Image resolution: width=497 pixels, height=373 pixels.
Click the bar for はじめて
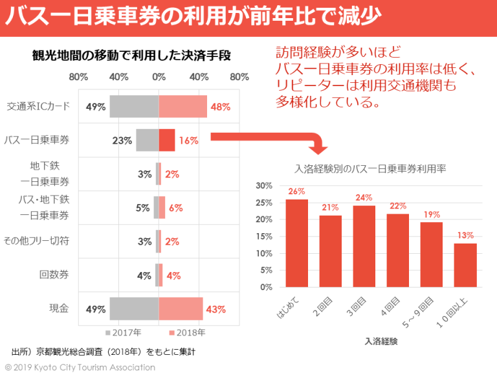tap(296, 243)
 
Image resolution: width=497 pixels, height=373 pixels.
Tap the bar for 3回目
tap(364, 246)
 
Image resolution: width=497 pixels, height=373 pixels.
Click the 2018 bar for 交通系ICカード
tap(182, 106)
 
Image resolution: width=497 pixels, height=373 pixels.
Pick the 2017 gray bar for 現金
tap(134, 309)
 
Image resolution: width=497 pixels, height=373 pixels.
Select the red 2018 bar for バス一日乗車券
tap(166, 140)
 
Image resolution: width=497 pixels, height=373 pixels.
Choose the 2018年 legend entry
tap(187, 333)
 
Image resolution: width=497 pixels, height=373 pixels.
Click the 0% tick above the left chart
tap(159, 77)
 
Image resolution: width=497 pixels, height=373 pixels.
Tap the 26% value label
tap(296, 192)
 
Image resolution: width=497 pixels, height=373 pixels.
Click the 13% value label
tap(465, 236)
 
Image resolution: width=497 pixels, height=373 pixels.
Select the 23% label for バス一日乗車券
tap(122, 140)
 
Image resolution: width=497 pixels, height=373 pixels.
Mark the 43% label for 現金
tap(215, 309)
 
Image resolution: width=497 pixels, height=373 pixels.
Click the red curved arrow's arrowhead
tap(317, 148)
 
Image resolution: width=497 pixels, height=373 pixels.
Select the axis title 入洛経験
tap(381, 340)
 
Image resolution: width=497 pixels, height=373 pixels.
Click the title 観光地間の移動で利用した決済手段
tap(132, 56)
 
